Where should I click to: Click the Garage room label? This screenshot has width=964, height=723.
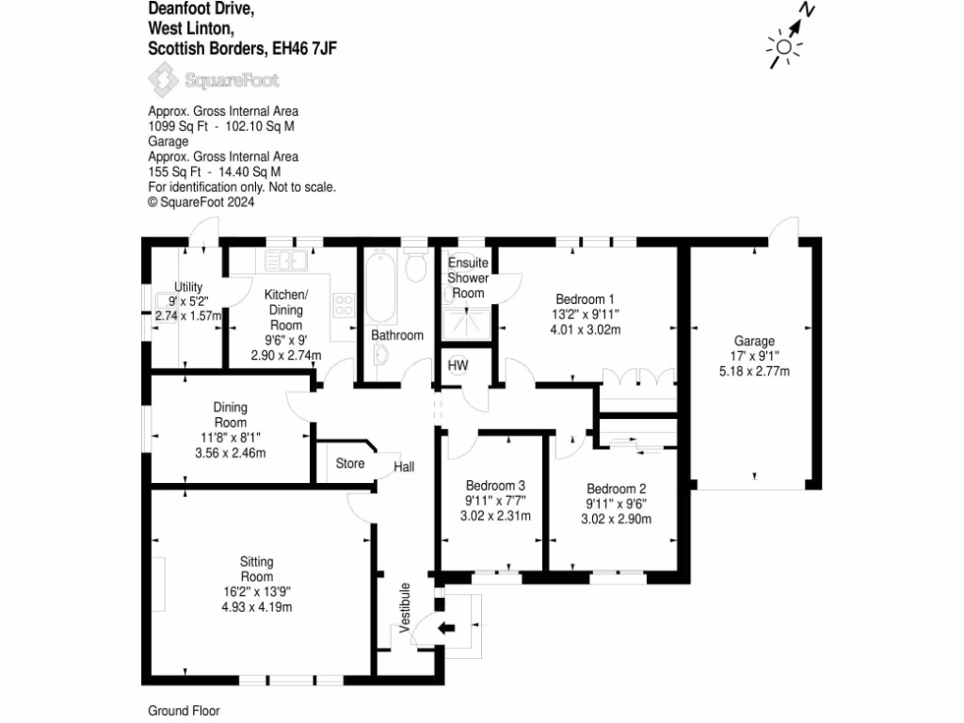pyautogui.click(x=754, y=342)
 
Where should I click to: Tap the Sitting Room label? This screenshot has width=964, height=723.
pyautogui.click(x=256, y=570)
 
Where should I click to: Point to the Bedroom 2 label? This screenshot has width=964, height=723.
pyautogui.click(x=616, y=489)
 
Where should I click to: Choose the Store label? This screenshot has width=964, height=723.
pyautogui.click(x=350, y=463)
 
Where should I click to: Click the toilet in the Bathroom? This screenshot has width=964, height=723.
pyautogui.click(x=414, y=267)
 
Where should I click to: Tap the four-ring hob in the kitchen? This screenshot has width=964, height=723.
pyautogui.click(x=344, y=304)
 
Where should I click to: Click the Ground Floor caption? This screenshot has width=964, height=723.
pyautogui.click(x=184, y=711)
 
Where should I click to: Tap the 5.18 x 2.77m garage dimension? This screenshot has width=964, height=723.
pyautogui.click(x=754, y=371)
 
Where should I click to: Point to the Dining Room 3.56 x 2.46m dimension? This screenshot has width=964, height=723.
pyautogui.click(x=230, y=453)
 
